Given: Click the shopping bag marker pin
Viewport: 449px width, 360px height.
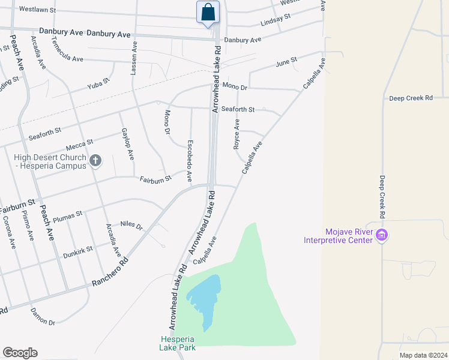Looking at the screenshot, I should coord(208,13).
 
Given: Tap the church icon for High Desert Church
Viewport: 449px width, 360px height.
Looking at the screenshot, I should coord(95,160).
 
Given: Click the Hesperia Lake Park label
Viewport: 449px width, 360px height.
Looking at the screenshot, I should coord(178,343).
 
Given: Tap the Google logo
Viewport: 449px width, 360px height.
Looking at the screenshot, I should coord(20,353).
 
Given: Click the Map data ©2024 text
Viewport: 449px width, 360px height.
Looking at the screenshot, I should coord(423,355).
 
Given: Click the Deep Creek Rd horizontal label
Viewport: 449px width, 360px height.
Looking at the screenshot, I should coord(411,98).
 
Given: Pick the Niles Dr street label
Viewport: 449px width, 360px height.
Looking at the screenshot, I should coord(131,226).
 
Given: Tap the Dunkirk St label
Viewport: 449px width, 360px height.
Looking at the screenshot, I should coord(78,252).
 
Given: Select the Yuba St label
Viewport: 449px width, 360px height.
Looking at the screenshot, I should coord(98,82).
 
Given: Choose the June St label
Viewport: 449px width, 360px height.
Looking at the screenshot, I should coord(286,62).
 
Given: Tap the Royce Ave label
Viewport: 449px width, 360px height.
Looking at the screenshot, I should coord(237,133).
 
